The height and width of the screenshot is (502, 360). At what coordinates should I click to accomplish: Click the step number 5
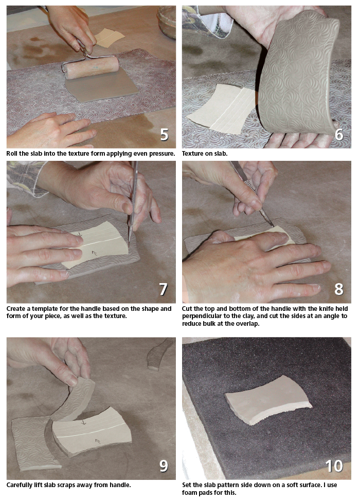coord(164,135)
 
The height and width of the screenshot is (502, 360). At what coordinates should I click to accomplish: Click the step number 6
coord(339,135)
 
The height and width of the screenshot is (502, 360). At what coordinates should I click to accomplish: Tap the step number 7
coord(164,289)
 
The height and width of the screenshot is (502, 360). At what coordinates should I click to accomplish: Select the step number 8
coord(339,289)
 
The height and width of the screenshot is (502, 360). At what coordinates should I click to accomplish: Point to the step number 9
coord(164,466)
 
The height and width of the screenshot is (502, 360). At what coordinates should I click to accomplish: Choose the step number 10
coord(334,466)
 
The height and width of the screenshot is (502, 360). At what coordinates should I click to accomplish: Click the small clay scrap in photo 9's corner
coord(159,354)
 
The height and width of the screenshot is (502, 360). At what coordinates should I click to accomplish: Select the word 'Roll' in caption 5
coord(12,154)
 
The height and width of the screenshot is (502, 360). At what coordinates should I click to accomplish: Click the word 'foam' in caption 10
coord(190,493)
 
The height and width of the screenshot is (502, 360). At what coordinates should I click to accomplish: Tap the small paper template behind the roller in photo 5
coord(110,37)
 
